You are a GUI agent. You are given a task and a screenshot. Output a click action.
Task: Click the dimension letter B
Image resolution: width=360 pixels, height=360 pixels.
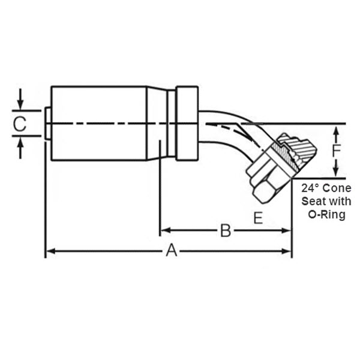226,230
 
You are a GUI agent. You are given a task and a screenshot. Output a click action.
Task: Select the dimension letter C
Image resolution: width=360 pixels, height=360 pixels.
20,124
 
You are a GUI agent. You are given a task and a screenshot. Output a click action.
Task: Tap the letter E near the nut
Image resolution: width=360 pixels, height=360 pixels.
257,218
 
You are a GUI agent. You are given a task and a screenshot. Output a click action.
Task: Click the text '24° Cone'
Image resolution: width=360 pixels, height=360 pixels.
326,188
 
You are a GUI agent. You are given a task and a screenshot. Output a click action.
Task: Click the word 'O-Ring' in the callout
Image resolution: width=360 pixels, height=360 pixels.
326,215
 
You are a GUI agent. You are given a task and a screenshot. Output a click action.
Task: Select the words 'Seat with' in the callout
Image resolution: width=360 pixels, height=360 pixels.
326,201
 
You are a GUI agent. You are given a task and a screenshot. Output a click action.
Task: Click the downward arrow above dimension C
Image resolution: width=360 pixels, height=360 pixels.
20,106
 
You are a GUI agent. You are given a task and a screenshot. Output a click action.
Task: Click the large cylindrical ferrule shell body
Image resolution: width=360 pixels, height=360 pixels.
99,123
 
